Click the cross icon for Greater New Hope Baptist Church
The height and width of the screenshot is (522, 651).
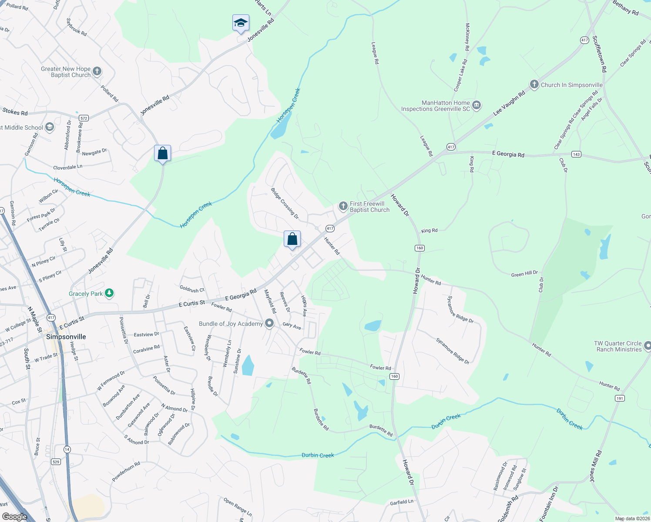(x=97, y=71)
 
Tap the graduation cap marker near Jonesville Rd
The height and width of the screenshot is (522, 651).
(x=241, y=23)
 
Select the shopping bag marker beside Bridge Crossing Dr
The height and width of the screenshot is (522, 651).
(x=292, y=239)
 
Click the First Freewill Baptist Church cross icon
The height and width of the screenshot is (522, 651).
(x=343, y=206)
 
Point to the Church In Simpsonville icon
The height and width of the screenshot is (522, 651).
(x=534, y=84)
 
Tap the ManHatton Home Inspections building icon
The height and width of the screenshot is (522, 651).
(x=477, y=106)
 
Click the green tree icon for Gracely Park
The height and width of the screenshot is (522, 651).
(x=109, y=294)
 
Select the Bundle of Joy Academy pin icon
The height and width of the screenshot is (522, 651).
(x=269, y=324)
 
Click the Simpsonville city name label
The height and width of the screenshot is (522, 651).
(x=66, y=337)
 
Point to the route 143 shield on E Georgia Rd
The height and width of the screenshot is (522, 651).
(x=576, y=154)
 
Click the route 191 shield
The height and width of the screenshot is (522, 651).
(x=619, y=398)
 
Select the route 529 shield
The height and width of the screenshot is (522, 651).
(x=56, y=462)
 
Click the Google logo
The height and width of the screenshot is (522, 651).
(x=14, y=516)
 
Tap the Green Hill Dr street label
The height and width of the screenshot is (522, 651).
(x=524, y=274)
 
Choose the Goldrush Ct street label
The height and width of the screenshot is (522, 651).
(x=192, y=289)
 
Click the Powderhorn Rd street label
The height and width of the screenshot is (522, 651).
(x=126, y=471)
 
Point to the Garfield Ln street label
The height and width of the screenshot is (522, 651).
(x=402, y=502)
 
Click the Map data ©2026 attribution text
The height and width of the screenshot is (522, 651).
(x=632, y=519)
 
